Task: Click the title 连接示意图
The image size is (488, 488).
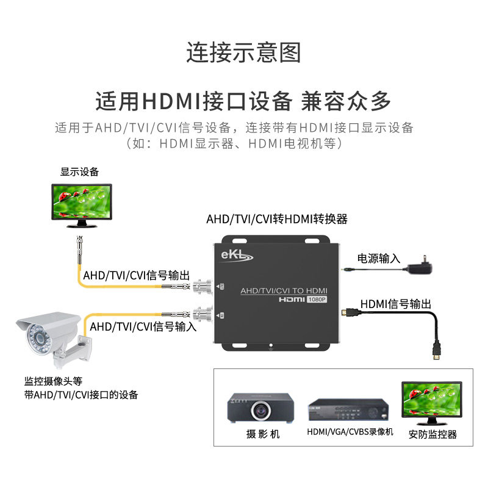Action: pos(243,53)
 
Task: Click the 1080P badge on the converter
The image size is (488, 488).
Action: pos(316,300)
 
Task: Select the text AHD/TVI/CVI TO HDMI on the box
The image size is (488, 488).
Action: pos(284,290)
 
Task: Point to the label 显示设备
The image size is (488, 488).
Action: pos(79,173)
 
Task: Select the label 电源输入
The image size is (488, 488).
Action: pos(379,259)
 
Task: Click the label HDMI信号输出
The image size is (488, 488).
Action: pos(396,304)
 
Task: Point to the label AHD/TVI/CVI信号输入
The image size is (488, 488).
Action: pos(143,327)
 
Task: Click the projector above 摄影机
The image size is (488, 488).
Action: pos(262,407)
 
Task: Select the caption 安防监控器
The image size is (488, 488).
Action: pos(432,434)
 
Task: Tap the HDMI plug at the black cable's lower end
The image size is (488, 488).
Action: pos(437,353)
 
